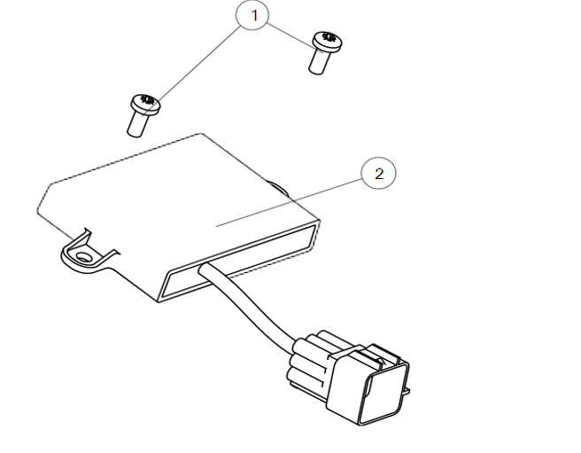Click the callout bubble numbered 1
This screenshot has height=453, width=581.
pos(252,15)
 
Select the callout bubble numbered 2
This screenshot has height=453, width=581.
pos(378,173)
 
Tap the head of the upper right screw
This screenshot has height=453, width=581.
pos(328,41)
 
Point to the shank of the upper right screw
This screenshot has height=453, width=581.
pos(319,61)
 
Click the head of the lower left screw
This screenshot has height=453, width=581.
pos(145,104)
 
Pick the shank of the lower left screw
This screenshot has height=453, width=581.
pos(137,125)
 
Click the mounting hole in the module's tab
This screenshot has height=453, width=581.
pos(82,257)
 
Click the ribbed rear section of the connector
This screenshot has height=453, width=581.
pos(308,359)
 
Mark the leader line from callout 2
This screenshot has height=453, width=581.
pos(289,202)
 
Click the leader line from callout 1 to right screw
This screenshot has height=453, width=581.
pos(296,38)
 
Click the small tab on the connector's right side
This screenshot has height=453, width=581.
pos(407,390)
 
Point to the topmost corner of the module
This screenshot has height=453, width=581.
pos(201,134)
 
